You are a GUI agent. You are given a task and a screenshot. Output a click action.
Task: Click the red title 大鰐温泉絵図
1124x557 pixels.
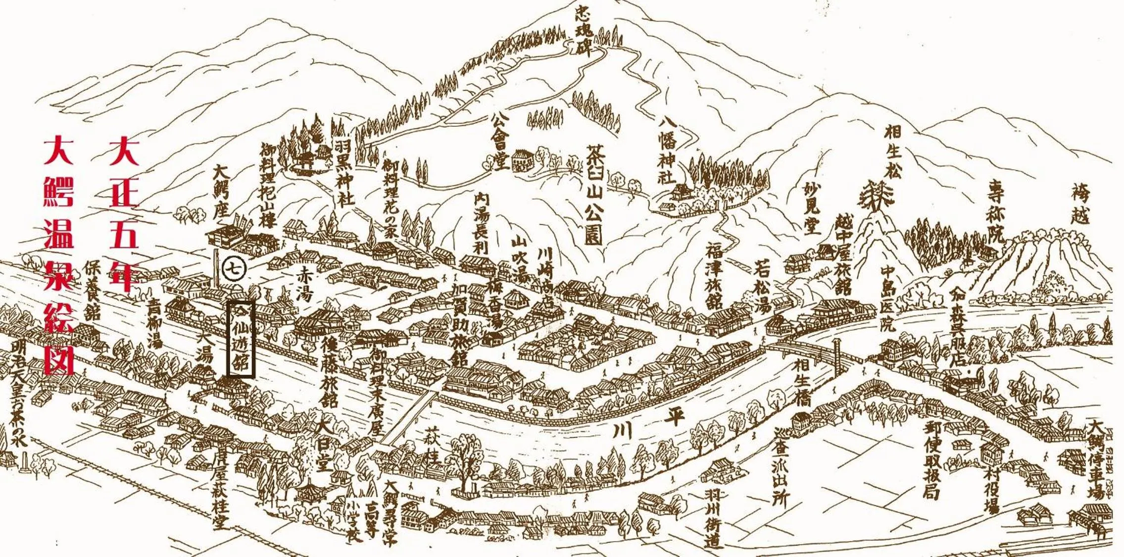[59, 255]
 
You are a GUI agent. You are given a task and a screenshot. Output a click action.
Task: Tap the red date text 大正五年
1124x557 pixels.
[123, 213]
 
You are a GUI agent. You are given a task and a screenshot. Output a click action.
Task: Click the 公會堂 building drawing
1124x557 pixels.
[522, 160]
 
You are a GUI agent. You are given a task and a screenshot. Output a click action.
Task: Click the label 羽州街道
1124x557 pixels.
[711, 518]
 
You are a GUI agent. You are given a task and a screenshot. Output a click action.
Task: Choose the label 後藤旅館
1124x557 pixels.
[330, 371]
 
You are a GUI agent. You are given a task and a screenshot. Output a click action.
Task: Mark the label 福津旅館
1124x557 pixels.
[714, 275]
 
